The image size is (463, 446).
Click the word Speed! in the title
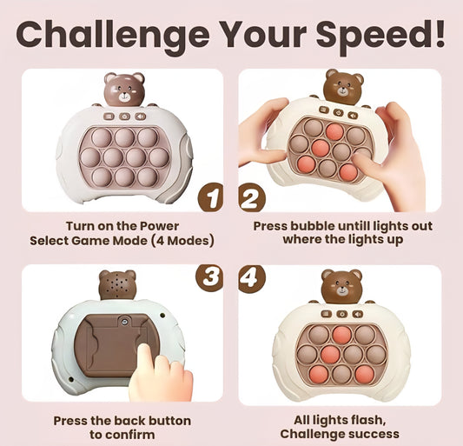pos(380,35)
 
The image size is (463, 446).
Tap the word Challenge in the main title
pos(113,35)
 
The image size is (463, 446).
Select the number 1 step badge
pos(210,197)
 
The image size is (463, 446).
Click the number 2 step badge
pos(252,197)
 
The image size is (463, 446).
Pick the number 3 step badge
pos(209,278)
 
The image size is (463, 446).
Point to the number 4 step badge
pos(252,278)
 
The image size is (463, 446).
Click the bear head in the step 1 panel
pos(124,89)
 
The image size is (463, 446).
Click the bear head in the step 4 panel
pos(342,286)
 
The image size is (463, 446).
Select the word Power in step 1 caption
pos(160,226)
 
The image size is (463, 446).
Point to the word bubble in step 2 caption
pos(312,226)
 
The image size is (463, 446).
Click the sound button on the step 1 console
pos(141,116)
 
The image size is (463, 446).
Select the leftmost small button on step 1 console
pos(109,116)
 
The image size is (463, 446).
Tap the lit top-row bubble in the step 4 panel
pos(342,335)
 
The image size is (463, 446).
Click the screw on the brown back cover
pos(124,321)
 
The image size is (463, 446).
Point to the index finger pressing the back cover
pos(145,357)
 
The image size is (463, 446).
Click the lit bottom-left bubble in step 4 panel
pos(319,374)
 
